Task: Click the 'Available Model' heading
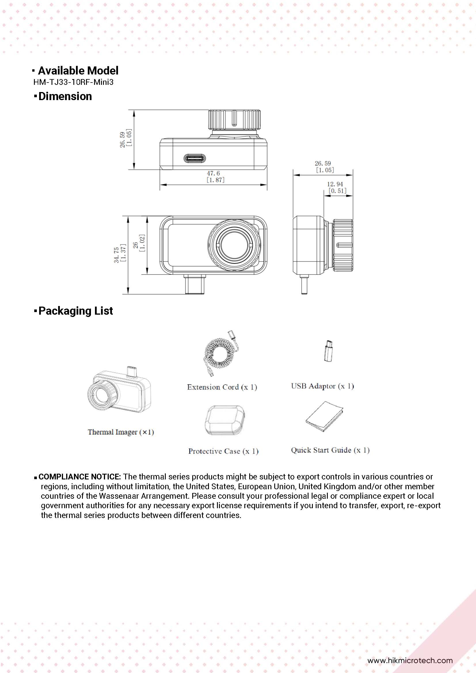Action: pyautogui.click(x=78, y=71)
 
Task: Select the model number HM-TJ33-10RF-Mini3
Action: pyautogui.click(x=73, y=82)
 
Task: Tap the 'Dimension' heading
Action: pyautogui.click(x=65, y=96)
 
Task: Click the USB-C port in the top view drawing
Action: pyautogui.click(x=195, y=159)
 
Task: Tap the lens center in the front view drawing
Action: pyautogui.click(x=234, y=245)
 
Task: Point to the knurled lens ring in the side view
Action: pyautogui.click(x=343, y=245)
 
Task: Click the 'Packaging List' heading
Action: pyautogui.click(x=75, y=311)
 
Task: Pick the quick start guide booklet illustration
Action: pyautogui.click(x=324, y=416)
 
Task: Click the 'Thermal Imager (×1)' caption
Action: pyautogui.click(x=121, y=432)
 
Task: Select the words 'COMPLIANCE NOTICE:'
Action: pyautogui.click(x=79, y=477)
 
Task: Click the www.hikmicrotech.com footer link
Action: pyautogui.click(x=410, y=660)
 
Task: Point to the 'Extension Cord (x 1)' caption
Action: pyautogui.click(x=222, y=387)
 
